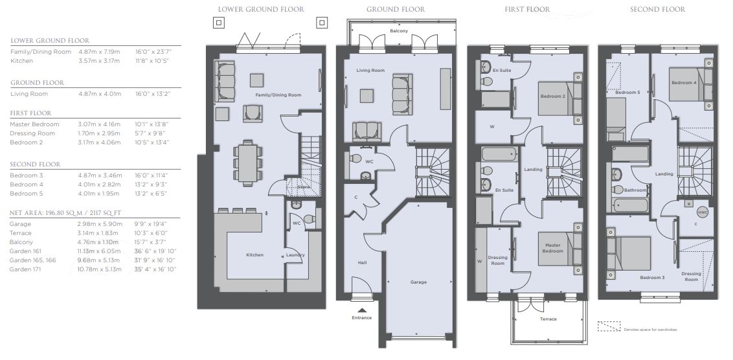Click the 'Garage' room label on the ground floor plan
point(418,282)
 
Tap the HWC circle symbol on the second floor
point(703,212)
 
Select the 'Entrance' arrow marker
point(361,309)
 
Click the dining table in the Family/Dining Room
point(247,163)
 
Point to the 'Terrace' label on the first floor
point(548,319)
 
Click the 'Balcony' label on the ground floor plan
point(399,31)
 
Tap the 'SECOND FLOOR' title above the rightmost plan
point(657,9)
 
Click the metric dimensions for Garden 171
point(100,269)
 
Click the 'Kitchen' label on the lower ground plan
point(254,255)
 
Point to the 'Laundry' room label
point(295,255)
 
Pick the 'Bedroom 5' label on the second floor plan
point(627,93)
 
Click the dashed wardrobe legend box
point(609,326)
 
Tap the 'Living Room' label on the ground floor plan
point(370,71)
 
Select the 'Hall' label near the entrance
point(363,263)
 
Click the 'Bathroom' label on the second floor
point(635,190)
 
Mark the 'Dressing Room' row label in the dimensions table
point(32,133)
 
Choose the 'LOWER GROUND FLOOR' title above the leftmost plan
point(261,9)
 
